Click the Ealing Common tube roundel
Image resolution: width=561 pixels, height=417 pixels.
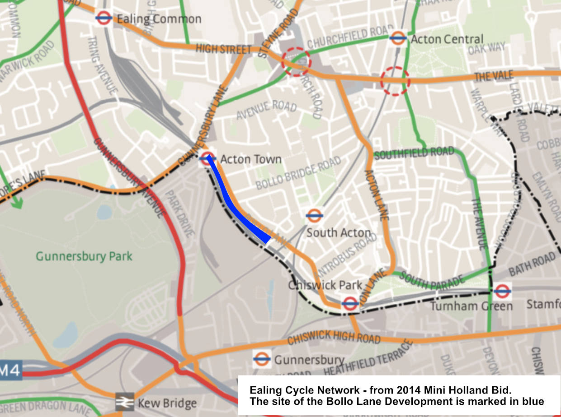point(104,19)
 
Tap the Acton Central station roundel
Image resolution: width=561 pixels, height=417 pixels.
point(398,38)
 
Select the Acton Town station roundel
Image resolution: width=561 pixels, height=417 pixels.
point(207,158)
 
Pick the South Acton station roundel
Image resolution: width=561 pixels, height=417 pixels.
point(314,216)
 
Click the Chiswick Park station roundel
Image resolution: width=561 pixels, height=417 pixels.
point(350,303)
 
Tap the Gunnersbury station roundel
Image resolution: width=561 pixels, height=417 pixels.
point(262,359)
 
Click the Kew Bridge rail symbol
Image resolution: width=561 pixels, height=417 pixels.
point(124,402)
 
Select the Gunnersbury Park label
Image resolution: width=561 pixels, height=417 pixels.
point(84,257)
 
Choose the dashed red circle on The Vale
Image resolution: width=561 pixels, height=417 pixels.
point(395,81)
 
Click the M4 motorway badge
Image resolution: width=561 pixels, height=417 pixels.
point(10,371)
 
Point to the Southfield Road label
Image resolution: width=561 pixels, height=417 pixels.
point(414,153)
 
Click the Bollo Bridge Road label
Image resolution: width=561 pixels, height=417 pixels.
point(298,174)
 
